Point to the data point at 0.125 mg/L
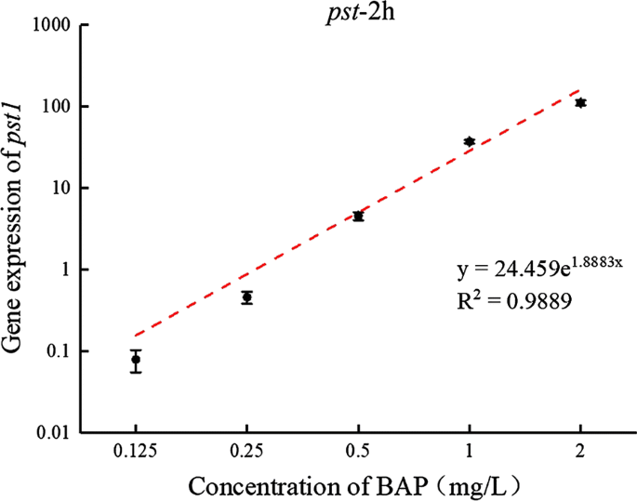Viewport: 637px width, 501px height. [136, 360]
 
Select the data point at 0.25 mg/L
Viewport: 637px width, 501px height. [246, 297]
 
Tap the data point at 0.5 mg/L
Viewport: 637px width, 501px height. [358, 216]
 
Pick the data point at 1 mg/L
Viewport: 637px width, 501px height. [470, 141]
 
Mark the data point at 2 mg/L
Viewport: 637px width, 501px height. [580, 102]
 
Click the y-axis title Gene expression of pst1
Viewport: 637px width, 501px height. [17, 228]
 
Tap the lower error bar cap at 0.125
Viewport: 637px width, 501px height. [136, 372]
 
